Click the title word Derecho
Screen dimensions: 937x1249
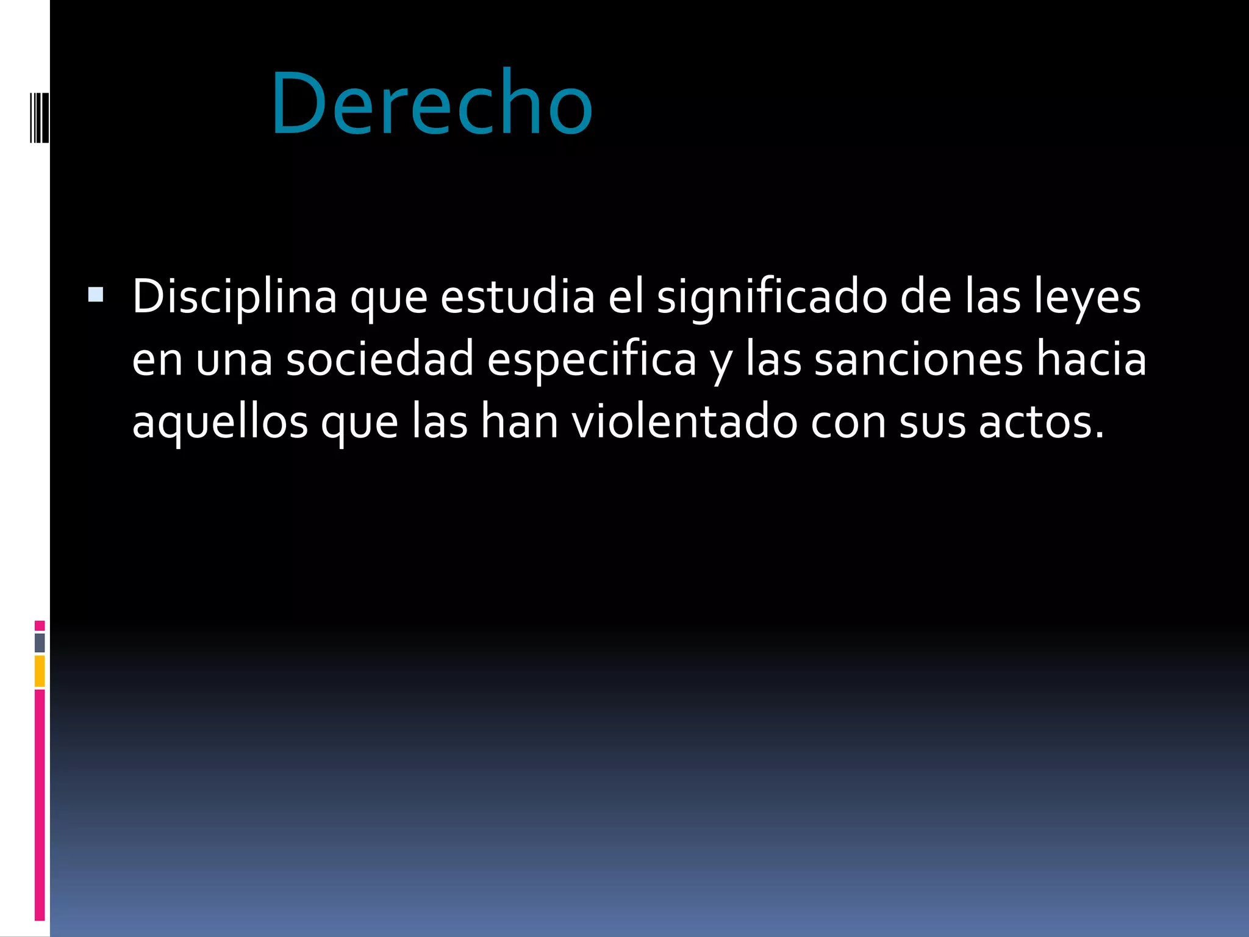(x=432, y=104)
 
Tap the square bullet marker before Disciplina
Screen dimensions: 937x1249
(x=96, y=295)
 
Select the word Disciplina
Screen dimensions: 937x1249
(x=234, y=297)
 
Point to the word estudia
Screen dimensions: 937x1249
(x=517, y=297)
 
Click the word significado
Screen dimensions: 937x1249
(x=771, y=297)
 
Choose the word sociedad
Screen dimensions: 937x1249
(x=380, y=359)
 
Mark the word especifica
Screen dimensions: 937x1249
(x=592, y=359)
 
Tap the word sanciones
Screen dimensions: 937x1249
(x=918, y=359)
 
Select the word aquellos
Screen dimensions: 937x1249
(x=220, y=422)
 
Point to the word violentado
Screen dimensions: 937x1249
(x=684, y=422)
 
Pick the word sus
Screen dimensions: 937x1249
(x=932, y=422)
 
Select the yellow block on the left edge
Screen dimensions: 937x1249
(x=40, y=671)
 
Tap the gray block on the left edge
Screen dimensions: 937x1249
(x=40, y=642)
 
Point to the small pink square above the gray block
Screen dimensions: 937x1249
(x=40, y=625)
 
